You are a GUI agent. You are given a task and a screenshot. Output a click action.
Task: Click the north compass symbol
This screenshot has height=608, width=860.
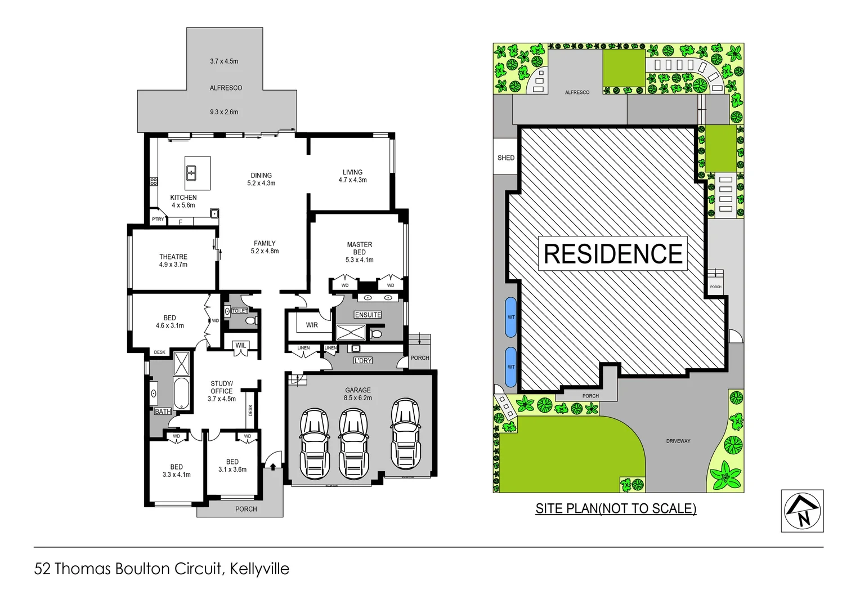pyautogui.click(x=802, y=511)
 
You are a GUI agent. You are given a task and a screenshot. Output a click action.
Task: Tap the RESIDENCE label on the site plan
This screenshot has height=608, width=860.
pyautogui.click(x=613, y=254)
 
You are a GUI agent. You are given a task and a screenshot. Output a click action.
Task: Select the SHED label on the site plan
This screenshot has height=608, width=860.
pyautogui.click(x=505, y=158)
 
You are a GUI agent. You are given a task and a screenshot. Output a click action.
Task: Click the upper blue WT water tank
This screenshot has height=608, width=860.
pyautogui.click(x=511, y=317)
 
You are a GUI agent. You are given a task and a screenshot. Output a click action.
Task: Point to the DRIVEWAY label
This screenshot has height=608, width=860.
pyautogui.click(x=678, y=441)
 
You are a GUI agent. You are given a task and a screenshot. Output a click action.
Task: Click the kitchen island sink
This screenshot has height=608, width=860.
pyautogui.click(x=191, y=172)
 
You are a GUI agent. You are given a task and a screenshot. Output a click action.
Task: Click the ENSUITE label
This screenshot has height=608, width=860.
pyautogui.click(x=368, y=315)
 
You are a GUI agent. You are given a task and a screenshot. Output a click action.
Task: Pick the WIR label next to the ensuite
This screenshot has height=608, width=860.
pyautogui.click(x=312, y=325)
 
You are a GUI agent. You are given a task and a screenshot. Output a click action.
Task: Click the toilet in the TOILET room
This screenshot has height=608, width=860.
pyautogui.click(x=251, y=321)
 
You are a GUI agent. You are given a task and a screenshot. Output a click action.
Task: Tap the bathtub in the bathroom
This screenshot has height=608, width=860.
pyautogui.click(x=181, y=393)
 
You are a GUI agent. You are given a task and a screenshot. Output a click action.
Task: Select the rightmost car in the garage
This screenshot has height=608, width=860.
pyautogui.click(x=405, y=433)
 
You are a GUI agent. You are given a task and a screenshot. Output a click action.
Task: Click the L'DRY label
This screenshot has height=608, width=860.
pyautogui.click(x=362, y=360)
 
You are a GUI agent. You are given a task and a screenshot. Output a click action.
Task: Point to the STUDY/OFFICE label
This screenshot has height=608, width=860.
pyautogui.click(x=221, y=387)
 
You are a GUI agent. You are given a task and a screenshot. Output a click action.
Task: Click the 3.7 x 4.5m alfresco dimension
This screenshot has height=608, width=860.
pyautogui.click(x=224, y=61)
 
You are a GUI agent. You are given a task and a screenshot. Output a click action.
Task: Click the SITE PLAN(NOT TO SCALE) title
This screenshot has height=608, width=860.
pyautogui.click(x=616, y=508)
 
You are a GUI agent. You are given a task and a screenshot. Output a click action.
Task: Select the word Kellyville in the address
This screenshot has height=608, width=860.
pyautogui.click(x=259, y=569)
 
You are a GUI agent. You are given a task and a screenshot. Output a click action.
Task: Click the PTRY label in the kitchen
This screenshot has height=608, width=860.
pyautogui.click(x=158, y=219)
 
